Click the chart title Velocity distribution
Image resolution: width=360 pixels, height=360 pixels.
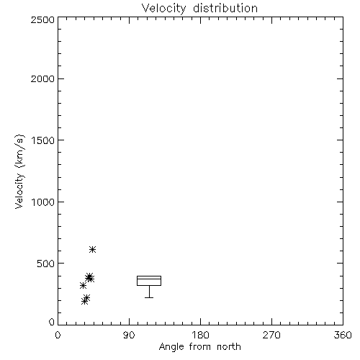[199, 8]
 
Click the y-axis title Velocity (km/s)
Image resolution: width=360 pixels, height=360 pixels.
[19, 171]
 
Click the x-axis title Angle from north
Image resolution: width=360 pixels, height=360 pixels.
[199, 347]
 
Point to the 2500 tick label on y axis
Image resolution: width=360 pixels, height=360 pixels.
[42, 19]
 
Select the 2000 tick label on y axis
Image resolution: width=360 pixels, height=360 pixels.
[42, 78]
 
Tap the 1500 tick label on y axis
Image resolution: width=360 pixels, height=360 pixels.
[43, 140]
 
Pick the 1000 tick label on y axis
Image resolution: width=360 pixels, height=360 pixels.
[43, 202]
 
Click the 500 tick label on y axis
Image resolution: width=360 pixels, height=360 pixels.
[46, 264]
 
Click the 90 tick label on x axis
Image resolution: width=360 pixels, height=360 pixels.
[129, 335]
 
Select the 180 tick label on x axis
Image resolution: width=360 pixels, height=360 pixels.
[200, 335]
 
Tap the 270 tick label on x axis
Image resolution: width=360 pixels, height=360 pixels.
[271, 335]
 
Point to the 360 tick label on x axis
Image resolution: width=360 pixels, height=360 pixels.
[343, 335]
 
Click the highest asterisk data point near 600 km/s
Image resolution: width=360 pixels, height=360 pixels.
[93, 250]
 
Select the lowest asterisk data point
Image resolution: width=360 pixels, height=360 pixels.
[84, 301]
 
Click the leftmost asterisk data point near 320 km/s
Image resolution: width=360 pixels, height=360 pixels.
[83, 286]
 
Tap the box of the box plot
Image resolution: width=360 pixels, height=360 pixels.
[149, 276]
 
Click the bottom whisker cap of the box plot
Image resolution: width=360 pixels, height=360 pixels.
[149, 297]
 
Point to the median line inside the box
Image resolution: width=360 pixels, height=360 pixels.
[149, 279]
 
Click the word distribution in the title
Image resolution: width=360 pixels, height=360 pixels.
[225, 8]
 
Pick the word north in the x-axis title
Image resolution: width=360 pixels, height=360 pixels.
[229, 347]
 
